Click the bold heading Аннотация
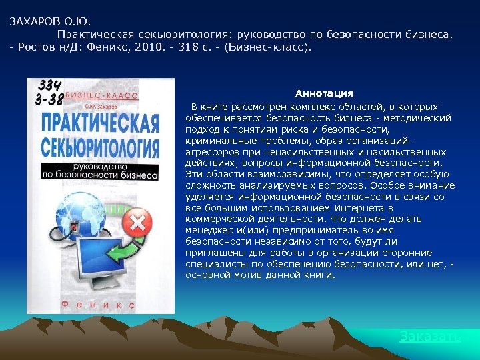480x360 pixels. click(x=324, y=93)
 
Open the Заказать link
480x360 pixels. click(x=429, y=336)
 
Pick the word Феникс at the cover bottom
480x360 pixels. click(x=100, y=303)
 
